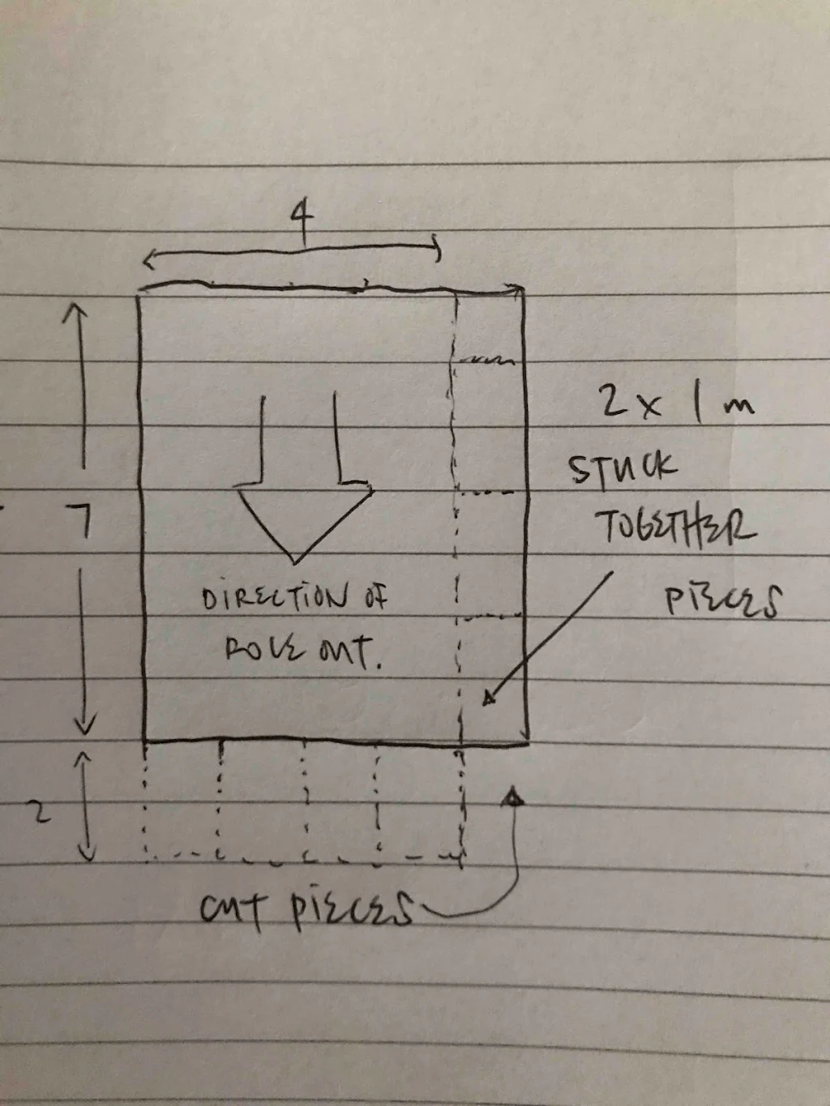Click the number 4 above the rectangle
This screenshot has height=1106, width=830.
click(x=302, y=222)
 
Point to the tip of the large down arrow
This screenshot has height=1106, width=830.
click(x=297, y=562)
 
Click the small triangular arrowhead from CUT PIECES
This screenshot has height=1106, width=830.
click(x=512, y=797)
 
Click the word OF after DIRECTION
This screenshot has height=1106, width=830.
click(x=374, y=599)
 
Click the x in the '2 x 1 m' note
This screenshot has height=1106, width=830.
click(x=648, y=406)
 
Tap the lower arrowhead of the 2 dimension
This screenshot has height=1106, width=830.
click(x=87, y=855)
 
